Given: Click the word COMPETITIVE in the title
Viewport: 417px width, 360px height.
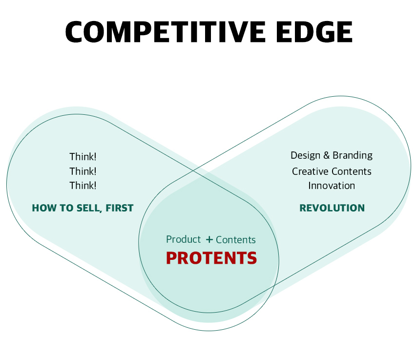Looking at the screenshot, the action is [x=166, y=32].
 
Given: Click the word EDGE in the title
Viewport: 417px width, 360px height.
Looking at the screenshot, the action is [x=314, y=32].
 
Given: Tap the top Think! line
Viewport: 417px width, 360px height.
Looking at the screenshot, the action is [x=83, y=157].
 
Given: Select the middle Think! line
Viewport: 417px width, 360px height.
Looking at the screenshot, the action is [x=83, y=171].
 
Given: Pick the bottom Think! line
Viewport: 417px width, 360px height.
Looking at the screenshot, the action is [x=83, y=186].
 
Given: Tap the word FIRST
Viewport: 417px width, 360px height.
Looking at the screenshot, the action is [x=120, y=208].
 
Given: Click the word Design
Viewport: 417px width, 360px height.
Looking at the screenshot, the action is [x=305, y=156].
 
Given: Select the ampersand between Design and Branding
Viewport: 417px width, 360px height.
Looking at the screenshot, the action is [x=326, y=155].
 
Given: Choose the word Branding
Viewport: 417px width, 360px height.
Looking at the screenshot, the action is [x=353, y=156].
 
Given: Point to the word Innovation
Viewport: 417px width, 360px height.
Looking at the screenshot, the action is [x=332, y=186].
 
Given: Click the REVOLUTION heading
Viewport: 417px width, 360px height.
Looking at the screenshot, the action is [x=332, y=208].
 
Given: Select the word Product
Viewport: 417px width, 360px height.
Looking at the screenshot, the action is [x=183, y=239].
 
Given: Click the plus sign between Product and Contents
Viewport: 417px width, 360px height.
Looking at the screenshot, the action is [x=209, y=239].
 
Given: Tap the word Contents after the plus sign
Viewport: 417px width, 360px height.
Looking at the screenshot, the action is [x=236, y=240].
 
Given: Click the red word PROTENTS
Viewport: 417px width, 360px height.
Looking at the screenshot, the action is [x=211, y=258].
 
